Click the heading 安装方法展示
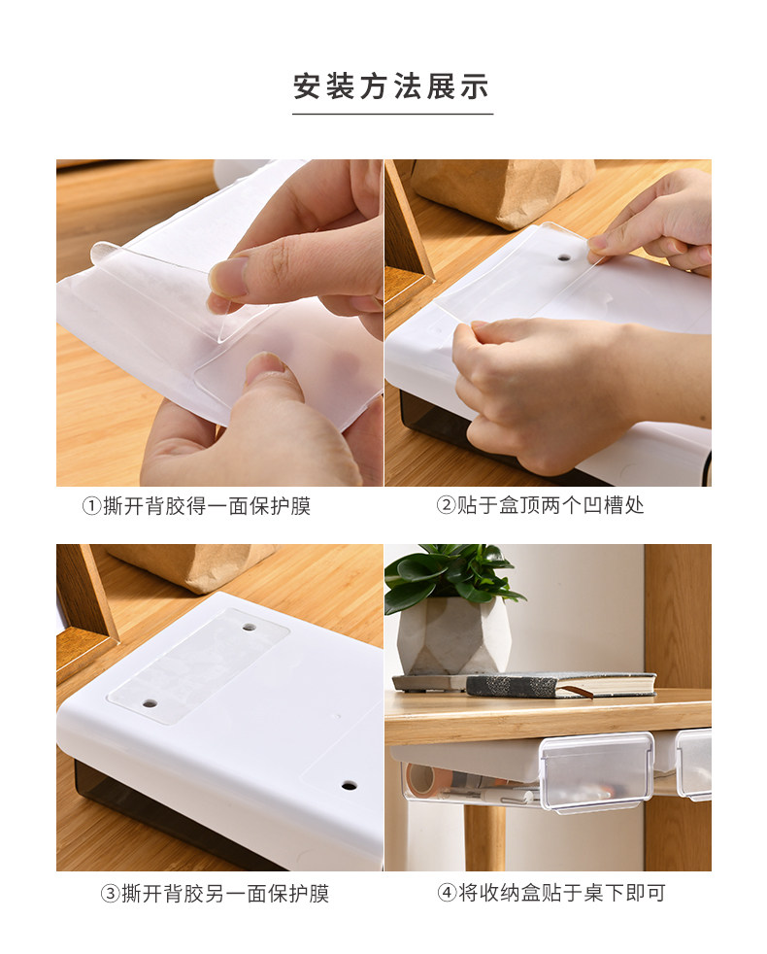click(391, 85)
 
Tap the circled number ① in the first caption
click(91, 505)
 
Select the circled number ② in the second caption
click(446, 505)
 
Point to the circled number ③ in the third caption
click(110, 893)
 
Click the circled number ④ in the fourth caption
click(447, 893)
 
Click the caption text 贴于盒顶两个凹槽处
click(550, 505)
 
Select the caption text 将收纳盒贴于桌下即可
click(561, 893)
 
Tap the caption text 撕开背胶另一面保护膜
click(225, 893)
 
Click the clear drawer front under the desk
click(595, 772)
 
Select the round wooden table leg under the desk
click(484, 837)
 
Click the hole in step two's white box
click(565, 258)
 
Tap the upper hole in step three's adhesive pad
click(249, 626)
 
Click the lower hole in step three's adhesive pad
click(150, 704)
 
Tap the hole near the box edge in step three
click(350, 785)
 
